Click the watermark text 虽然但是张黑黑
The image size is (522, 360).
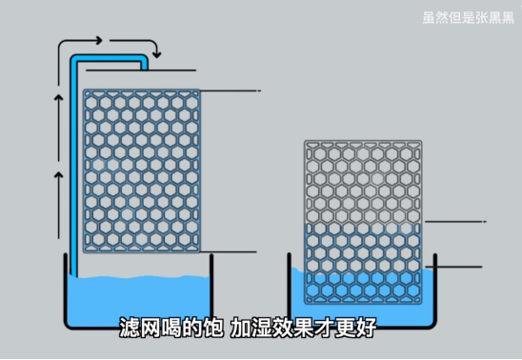tap(467, 15)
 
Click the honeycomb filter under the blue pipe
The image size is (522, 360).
tap(142, 170)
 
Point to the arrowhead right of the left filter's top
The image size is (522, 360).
tap(257, 91)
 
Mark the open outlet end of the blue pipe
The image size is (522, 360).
tap(145, 68)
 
